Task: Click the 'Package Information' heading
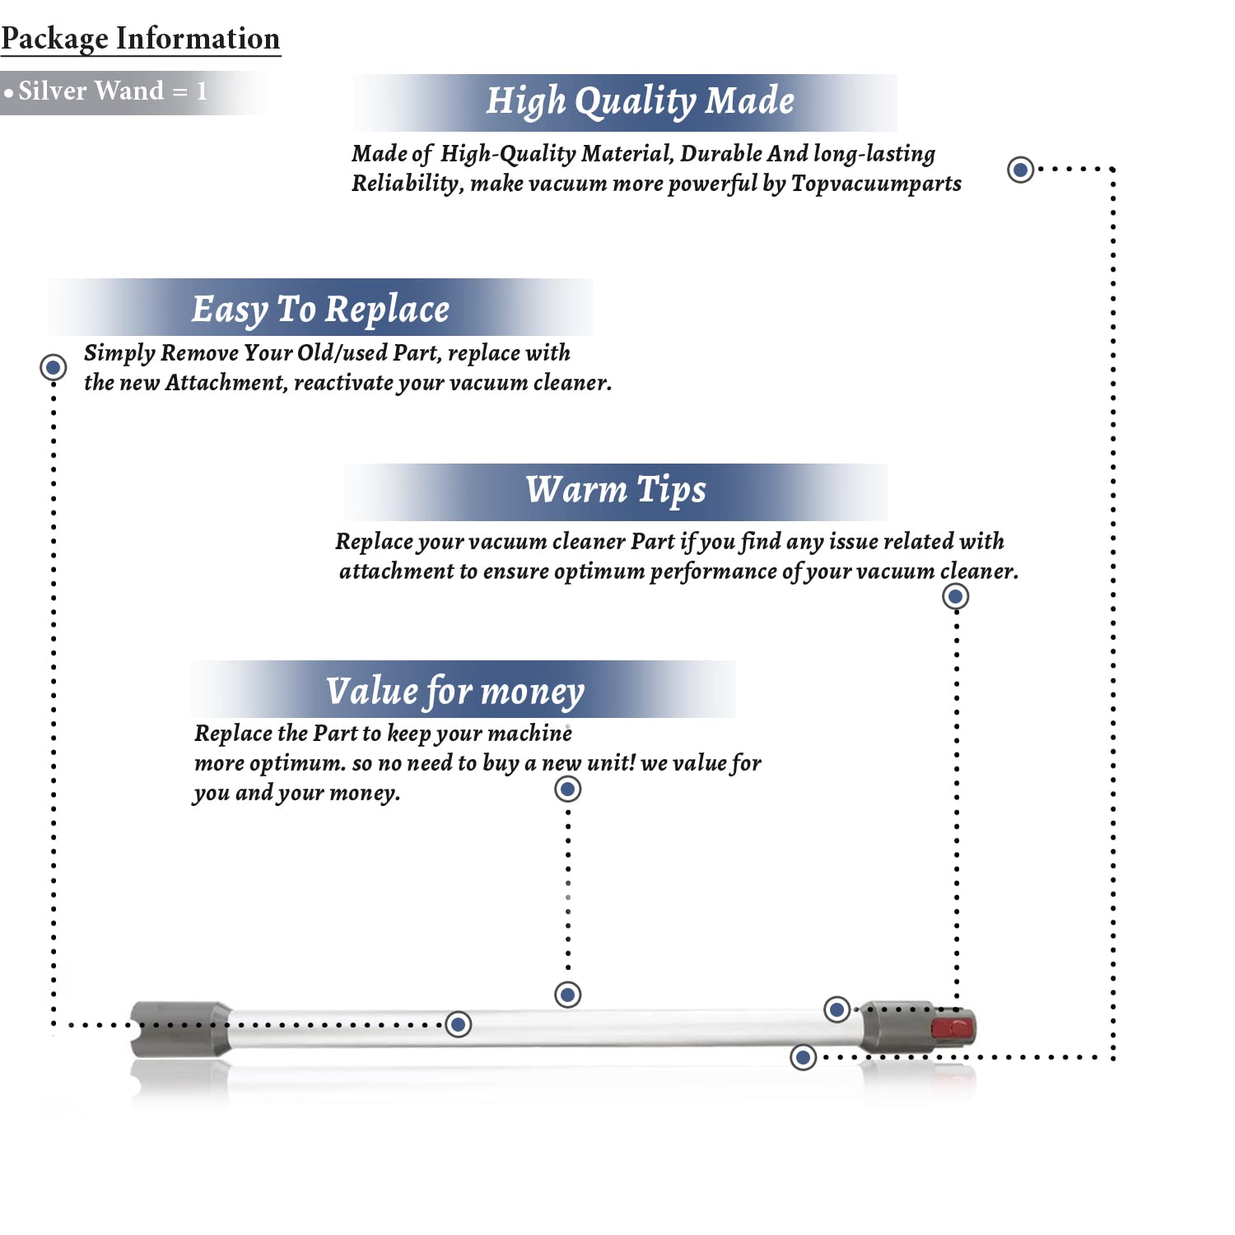pyautogui.click(x=141, y=39)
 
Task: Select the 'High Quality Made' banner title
pyautogui.click(x=640, y=101)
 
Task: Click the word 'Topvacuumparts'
pyautogui.click(x=876, y=183)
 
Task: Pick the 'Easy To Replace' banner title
pyautogui.click(x=320, y=310)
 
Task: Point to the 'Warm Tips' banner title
pyautogui.click(x=616, y=490)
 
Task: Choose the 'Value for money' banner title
pyautogui.click(x=455, y=692)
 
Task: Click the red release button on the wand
pyautogui.click(x=952, y=1028)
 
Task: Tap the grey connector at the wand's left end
pyautogui.click(x=180, y=1027)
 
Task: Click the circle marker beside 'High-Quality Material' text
pyautogui.click(x=1021, y=170)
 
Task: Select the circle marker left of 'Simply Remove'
pyautogui.click(x=54, y=366)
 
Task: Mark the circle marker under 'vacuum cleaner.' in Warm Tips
pyautogui.click(x=955, y=596)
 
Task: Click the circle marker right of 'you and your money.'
pyautogui.click(x=568, y=790)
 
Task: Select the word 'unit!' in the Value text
pyautogui.click(x=611, y=763)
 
